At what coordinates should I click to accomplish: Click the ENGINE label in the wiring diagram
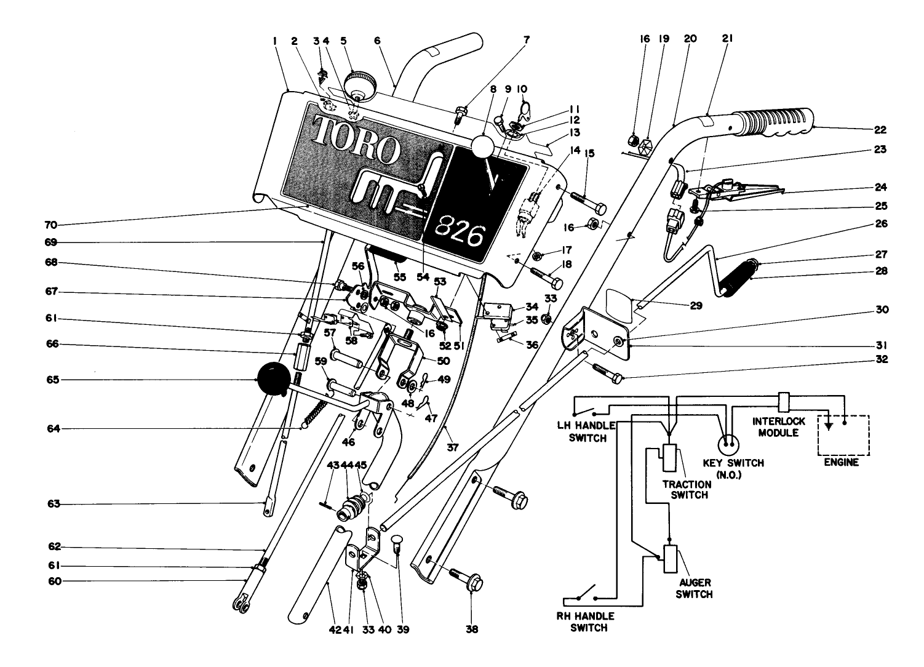(x=842, y=462)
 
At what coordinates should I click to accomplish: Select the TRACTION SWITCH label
(x=687, y=489)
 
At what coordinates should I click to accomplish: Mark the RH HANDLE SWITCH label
(x=589, y=621)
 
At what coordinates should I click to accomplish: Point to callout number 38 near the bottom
(x=472, y=629)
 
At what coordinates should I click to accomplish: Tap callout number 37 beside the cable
(x=453, y=448)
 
